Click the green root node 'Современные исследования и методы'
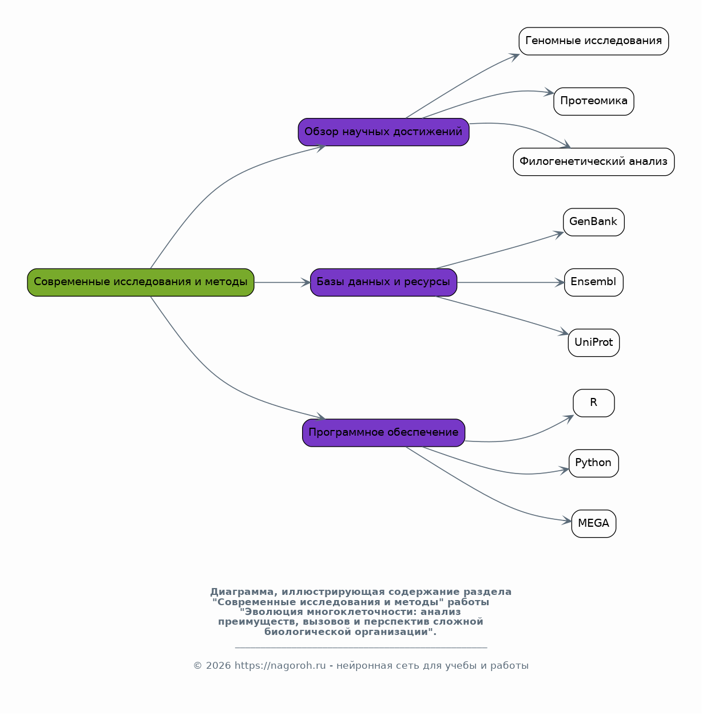pyautogui.click(x=141, y=282)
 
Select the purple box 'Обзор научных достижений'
pyautogui.click(x=383, y=132)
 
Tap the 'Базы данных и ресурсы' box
pyautogui.click(x=383, y=282)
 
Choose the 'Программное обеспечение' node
pyautogui.click(x=383, y=433)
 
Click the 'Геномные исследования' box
pyautogui.click(x=593, y=41)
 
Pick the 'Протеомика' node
pyautogui.click(x=593, y=101)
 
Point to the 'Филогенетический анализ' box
pyautogui.click(x=593, y=162)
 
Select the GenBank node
pyautogui.click(x=593, y=222)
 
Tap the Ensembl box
pyautogui.click(x=593, y=282)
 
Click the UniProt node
pyautogui.click(x=593, y=343)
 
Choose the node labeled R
pyautogui.click(x=593, y=403)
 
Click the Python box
pyautogui.click(x=593, y=464)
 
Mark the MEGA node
pyautogui.click(x=593, y=523)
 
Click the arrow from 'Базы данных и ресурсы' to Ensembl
pyautogui.click(x=510, y=282)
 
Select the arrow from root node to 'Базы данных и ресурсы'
pyautogui.click(x=282, y=282)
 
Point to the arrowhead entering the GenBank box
pyautogui.click(x=558, y=234)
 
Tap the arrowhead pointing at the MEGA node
pyautogui.click(x=567, y=520)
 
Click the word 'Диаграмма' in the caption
pyautogui.click(x=242, y=591)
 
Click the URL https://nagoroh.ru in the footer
pyautogui.click(x=280, y=665)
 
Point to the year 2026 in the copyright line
pyautogui.click(x=219, y=665)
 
